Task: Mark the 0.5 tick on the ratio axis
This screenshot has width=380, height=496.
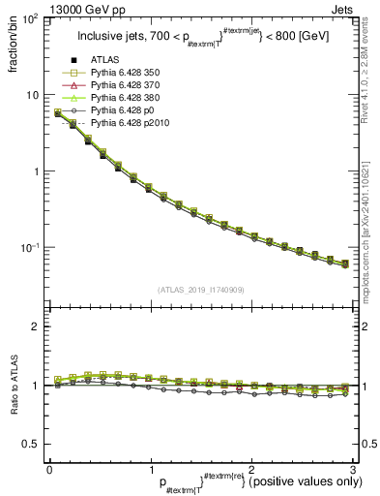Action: (30, 444)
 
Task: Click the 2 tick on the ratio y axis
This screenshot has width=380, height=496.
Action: (35, 327)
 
